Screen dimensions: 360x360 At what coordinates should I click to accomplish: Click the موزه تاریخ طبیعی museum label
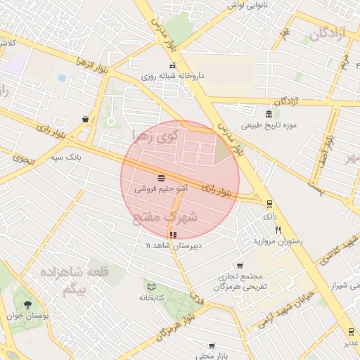270,127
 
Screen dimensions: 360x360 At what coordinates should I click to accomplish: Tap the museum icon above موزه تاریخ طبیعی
270,115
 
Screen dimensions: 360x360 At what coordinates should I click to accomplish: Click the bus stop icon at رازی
269,204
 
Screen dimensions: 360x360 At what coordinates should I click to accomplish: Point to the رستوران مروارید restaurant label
281,241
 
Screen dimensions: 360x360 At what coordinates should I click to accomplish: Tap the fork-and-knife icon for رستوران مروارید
278,230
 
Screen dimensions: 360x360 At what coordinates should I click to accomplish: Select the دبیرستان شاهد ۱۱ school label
173,245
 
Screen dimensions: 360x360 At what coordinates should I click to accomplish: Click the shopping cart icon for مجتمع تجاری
240,266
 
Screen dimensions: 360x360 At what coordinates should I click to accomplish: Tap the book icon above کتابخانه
151,285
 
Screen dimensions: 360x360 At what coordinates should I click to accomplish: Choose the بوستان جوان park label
46,316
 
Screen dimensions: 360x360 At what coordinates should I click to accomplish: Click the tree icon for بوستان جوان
27,304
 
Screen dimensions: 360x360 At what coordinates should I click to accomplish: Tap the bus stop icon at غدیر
350,331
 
